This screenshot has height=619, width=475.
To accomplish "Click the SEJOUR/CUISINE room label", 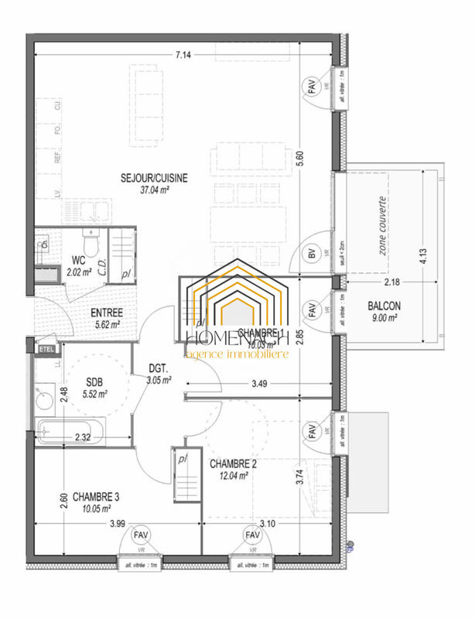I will (x=154, y=178).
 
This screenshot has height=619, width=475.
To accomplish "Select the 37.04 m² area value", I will (x=154, y=190).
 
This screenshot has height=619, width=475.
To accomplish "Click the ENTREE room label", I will (x=108, y=313).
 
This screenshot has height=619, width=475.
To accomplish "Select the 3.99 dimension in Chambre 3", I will (x=117, y=524).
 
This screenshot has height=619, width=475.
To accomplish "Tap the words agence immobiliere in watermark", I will (x=237, y=354).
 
